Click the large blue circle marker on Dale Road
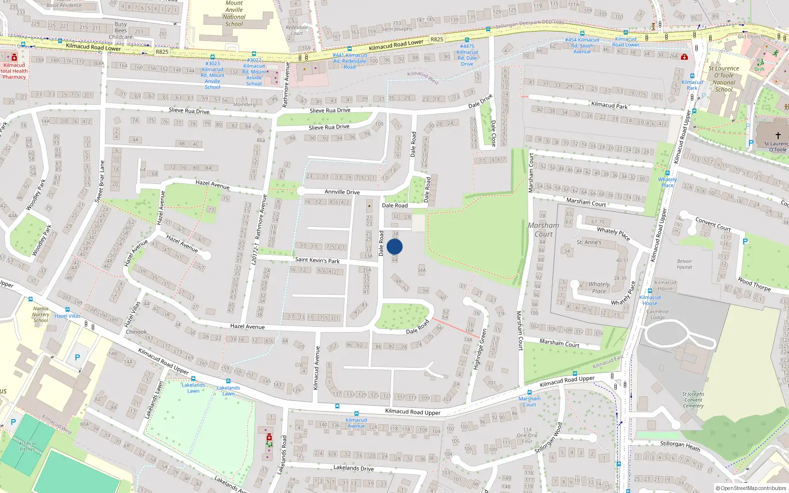coord(394,246)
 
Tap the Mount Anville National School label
coord(234,13)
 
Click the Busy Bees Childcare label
coord(121,30)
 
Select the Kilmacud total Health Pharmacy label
coord(14,71)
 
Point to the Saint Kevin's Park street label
coord(317,260)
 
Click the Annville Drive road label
coord(342,192)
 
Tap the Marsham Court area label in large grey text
coord(543,229)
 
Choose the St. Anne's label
coord(589,242)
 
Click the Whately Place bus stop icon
coord(667,173)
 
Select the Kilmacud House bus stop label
coord(650,300)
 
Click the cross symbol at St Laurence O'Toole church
coord(778,135)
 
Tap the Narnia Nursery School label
coord(41,315)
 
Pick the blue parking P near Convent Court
coord(745,242)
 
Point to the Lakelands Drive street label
coord(353,468)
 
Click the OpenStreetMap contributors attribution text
coord(751,489)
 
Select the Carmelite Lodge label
coord(657,315)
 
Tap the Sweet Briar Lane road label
coord(99,181)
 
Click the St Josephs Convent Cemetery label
coord(693,400)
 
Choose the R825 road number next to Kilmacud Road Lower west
coord(162,51)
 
